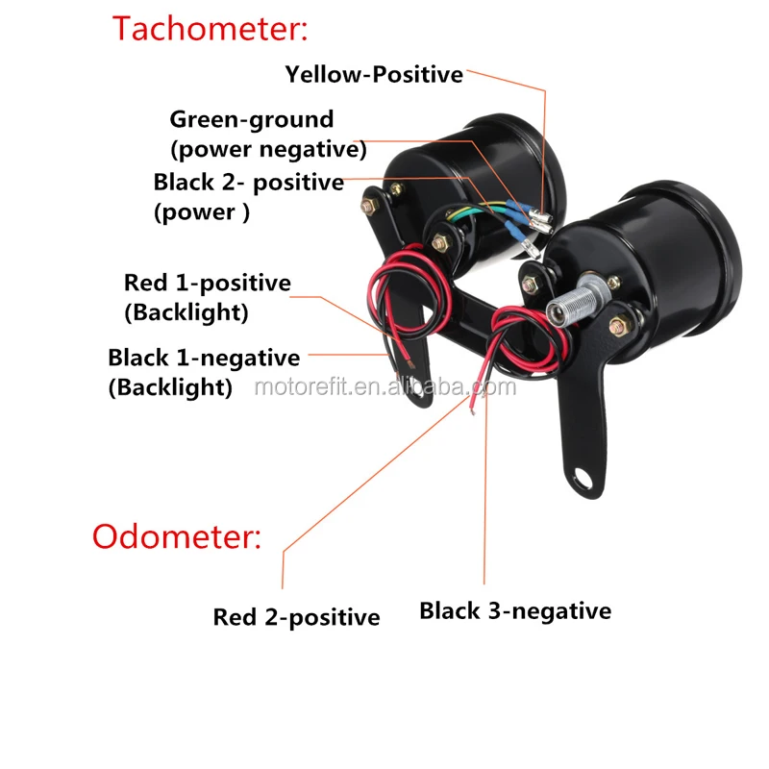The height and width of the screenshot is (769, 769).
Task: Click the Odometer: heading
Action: (176, 535)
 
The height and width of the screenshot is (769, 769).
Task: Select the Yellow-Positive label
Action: (374, 74)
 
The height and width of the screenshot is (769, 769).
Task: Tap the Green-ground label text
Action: (252, 120)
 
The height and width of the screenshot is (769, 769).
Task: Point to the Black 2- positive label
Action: (248, 182)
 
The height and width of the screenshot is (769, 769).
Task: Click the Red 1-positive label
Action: (207, 283)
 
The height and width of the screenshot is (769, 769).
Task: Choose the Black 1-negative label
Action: (204, 358)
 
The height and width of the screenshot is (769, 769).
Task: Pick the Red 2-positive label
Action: (296, 617)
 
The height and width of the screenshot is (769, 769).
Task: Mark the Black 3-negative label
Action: (515, 610)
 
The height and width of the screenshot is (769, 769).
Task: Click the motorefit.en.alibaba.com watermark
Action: (384, 387)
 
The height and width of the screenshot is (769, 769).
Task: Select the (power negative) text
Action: (268, 150)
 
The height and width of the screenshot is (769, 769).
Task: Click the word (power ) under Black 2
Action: (201, 212)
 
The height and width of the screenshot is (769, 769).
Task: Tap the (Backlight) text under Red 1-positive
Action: (186, 312)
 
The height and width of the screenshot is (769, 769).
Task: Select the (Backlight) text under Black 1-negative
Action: (170, 387)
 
